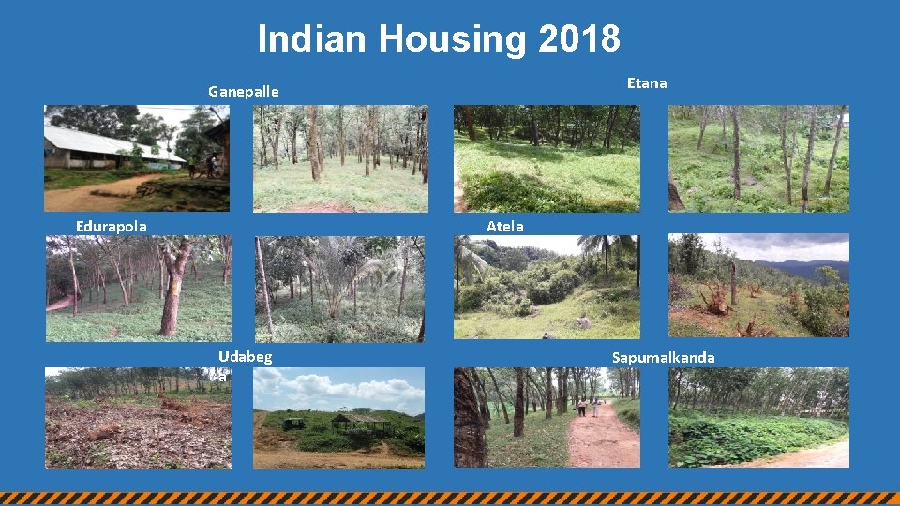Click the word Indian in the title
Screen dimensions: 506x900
coord(313,39)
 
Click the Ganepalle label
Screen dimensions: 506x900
coord(244,92)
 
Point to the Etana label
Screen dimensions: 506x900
coord(647,82)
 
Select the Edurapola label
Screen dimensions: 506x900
coord(111,226)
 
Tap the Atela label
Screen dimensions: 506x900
coord(505,226)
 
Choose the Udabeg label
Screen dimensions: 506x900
coord(246,356)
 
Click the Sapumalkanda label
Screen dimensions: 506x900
coord(663,357)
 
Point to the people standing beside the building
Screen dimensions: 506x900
coord(202,166)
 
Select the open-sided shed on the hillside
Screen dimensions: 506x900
coord(360,423)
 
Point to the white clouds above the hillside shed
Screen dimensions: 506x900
coord(347,387)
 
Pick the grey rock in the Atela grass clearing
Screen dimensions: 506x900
coord(584,322)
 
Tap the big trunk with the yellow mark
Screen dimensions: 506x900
coord(174,287)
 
